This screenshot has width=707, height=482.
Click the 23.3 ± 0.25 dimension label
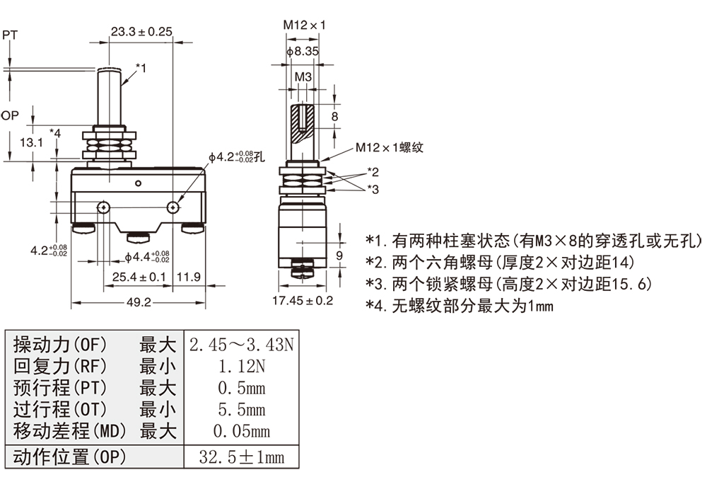[141, 31]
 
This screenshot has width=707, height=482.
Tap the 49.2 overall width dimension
[139, 302]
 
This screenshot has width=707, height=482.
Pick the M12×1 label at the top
[305, 25]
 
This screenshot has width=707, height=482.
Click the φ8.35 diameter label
[302, 52]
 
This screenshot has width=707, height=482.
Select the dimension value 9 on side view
[339, 255]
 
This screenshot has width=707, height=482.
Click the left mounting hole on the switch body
[104, 207]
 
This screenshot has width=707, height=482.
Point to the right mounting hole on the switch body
[173, 207]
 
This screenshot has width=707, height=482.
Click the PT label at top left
[10, 34]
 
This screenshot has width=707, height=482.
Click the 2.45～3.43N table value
[240, 345]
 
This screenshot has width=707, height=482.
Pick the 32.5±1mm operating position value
[240, 457]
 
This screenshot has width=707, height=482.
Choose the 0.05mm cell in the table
[240, 430]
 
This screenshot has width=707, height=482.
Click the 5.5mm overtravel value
[240, 409]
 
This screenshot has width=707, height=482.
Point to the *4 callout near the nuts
[55, 132]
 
